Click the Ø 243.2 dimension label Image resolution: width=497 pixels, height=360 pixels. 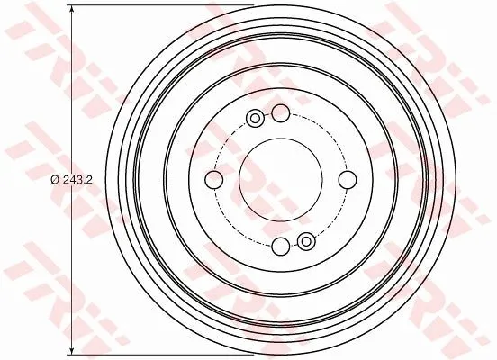pos(71,180)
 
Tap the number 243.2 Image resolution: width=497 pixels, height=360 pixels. pos(77,180)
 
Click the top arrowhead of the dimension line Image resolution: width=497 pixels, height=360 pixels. pos(72,10)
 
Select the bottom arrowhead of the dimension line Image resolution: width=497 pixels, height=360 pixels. pos(72,350)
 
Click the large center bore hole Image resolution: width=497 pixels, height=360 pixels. pos(281,180)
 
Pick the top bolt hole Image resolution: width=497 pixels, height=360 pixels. pos(281,113)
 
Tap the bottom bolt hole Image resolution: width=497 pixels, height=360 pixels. pos(281,247)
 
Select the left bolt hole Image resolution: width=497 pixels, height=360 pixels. pos(214,180)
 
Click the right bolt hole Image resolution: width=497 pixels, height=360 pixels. pos(348,180)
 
